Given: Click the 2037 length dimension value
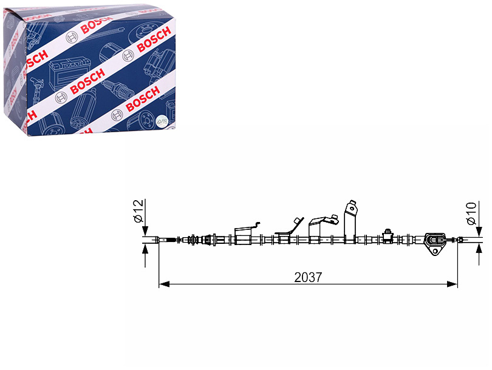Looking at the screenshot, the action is point(308,277).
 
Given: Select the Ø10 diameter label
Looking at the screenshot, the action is point(471,214).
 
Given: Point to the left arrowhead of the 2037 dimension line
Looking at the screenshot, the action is point(164,284).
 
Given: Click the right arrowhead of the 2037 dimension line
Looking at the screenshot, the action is point(452,284).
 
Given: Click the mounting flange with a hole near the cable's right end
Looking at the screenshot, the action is point(434,244).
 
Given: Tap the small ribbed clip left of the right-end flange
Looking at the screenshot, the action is point(388,236).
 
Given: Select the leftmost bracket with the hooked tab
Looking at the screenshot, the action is point(245,234).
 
